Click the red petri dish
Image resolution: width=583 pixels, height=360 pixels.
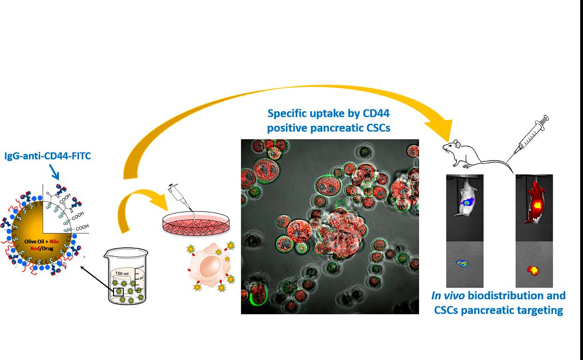coord(196,223)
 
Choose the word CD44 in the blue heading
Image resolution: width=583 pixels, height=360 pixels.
coord(377,113)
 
